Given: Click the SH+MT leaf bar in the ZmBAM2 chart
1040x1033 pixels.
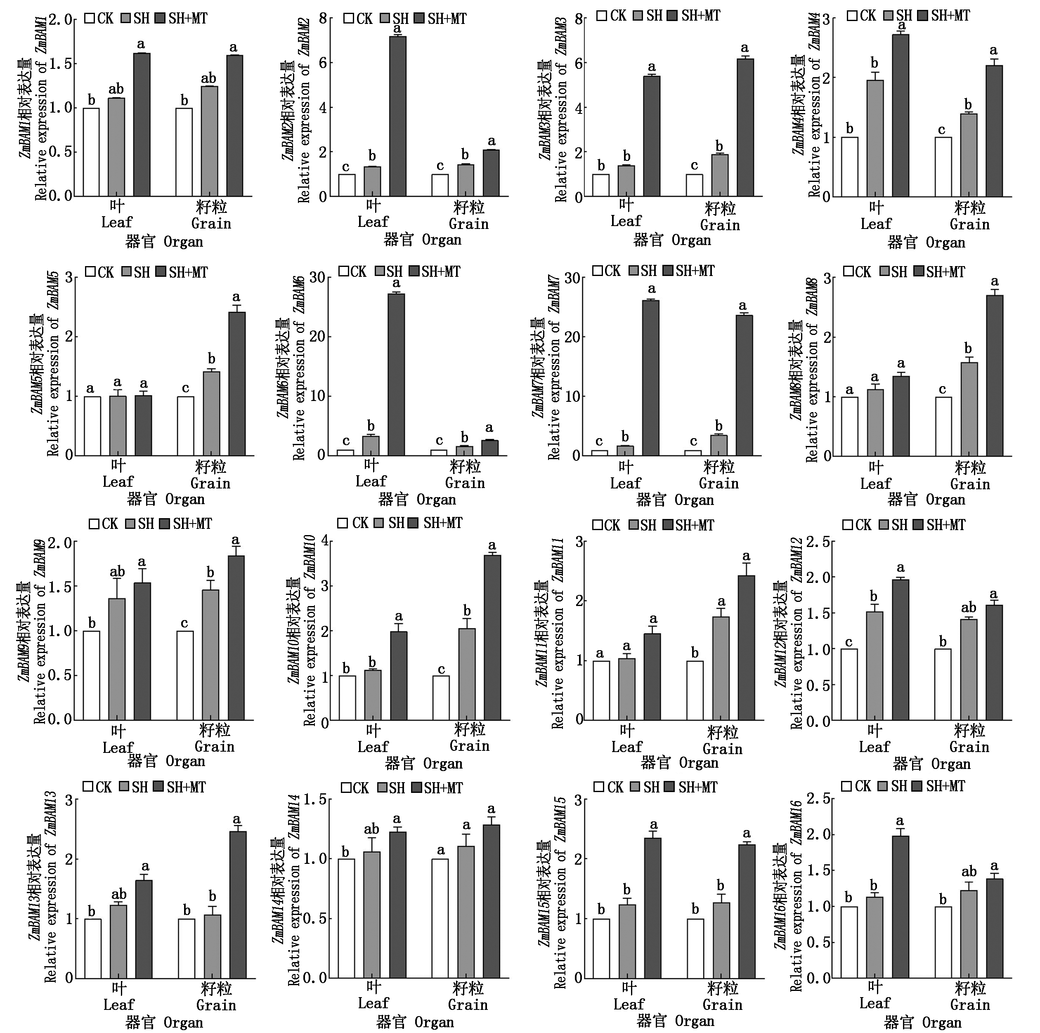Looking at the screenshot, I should click(398, 116).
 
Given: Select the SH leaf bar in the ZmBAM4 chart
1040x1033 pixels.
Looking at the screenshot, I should click(875, 138).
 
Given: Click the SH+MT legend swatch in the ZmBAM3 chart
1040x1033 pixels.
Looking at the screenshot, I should click(671, 16).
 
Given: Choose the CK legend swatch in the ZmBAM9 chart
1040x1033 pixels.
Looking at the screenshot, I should click(94, 524).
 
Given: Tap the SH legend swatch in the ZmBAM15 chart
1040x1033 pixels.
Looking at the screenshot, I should click(634, 787).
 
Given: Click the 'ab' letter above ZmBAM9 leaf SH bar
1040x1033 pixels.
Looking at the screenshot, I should click(117, 572).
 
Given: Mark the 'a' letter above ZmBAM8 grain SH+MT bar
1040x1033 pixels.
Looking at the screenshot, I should click(994, 281).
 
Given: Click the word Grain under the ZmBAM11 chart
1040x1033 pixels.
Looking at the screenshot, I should click(722, 749).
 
